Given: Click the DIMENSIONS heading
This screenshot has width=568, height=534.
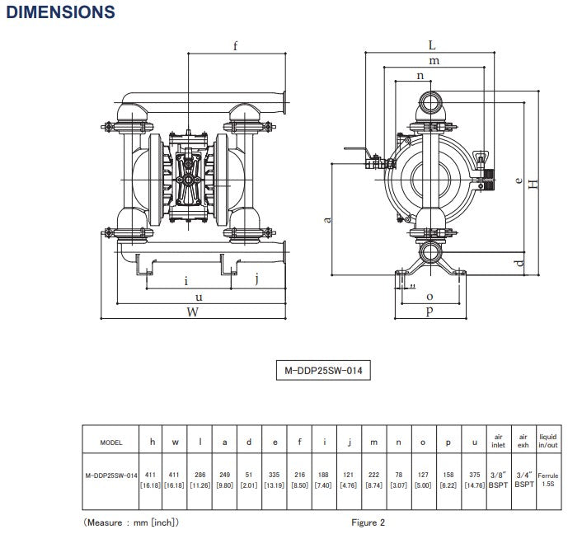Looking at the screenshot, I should [x=60, y=12].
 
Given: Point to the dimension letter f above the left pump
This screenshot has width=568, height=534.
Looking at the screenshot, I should [x=235, y=46].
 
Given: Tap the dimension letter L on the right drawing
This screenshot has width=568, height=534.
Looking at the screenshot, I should [x=432, y=45].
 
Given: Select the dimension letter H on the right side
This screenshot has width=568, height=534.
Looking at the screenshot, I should [x=534, y=185].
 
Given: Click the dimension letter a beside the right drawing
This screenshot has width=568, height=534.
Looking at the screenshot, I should [x=327, y=219].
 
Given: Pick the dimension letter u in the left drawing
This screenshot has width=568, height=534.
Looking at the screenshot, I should [x=198, y=297].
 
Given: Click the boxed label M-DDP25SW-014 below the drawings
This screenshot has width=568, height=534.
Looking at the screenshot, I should [x=322, y=372].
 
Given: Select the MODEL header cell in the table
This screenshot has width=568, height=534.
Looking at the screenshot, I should [x=110, y=443].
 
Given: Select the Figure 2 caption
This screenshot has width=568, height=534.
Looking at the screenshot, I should [x=368, y=522].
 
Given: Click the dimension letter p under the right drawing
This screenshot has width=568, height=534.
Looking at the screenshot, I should [x=429, y=312].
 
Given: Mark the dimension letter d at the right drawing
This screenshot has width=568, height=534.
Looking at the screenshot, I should [x=518, y=263].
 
